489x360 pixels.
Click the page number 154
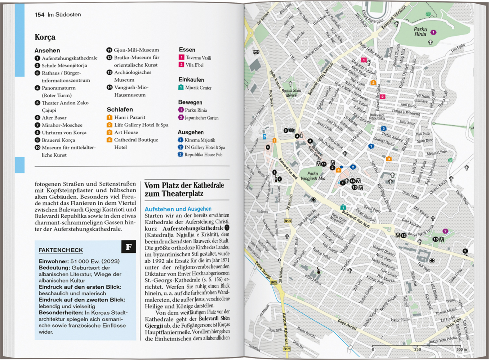point(39,15)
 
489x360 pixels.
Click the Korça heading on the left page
point(45,37)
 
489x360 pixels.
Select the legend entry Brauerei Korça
point(58,140)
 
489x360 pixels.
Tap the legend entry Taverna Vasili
point(198,58)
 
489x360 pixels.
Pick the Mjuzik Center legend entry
point(198,87)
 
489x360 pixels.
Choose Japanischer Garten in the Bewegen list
point(201,118)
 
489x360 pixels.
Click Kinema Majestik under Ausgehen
point(200,140)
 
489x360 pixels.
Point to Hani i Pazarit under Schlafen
point(129,117)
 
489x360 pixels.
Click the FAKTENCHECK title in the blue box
point(61,250)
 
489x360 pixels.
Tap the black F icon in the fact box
point(129,247)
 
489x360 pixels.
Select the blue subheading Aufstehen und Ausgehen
point(178,209)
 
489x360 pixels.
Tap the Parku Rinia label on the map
point(420,32)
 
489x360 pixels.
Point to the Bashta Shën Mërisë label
point(291,93)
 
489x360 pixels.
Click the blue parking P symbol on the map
point(264,137)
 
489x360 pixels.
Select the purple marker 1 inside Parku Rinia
point(434,32)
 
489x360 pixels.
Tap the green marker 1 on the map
point(343,207)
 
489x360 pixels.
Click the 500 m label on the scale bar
point(461,350)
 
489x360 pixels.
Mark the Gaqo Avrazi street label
point(347,325)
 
